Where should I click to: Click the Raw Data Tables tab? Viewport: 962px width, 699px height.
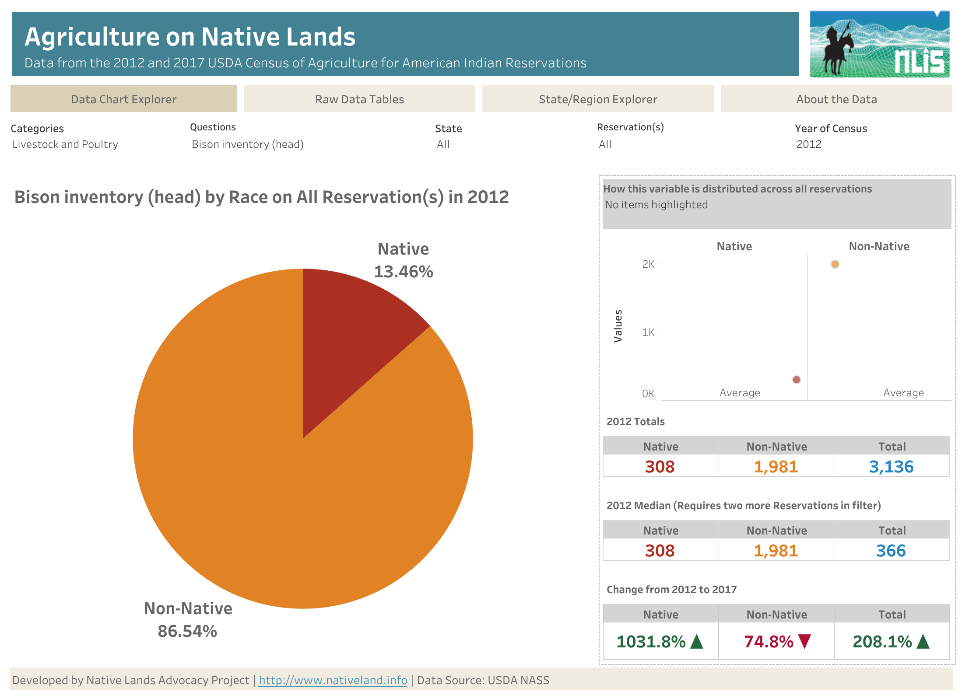coord(359,99)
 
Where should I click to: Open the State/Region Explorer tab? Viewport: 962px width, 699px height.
coord(597,99)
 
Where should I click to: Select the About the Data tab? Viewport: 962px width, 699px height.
coord(836,99)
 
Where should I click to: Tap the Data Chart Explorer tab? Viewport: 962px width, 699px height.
coord(123,99)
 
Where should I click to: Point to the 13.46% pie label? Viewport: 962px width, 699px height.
coord(403,272)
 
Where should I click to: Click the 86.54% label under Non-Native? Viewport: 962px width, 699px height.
coord(187,631)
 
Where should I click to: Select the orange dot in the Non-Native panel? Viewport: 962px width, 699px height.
coord(835,264)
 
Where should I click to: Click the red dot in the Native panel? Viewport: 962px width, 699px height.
coord(796,380)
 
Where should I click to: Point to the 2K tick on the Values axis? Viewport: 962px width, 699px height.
coord(648,264)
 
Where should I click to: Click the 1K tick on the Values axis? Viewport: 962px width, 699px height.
coord(648,332)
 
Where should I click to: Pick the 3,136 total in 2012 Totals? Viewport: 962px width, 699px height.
coord(891,467)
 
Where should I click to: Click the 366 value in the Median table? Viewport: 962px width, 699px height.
coord(891,551)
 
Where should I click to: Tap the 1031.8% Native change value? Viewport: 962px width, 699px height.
coord(651,642)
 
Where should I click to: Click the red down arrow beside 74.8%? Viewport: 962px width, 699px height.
coord(804,641)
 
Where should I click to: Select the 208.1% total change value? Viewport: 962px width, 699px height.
coord(882,642)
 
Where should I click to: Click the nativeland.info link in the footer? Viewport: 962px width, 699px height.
coord(333,680)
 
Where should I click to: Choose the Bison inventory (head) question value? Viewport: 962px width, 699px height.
coord(247,144)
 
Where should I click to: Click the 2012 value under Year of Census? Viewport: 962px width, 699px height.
coord(808,144)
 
